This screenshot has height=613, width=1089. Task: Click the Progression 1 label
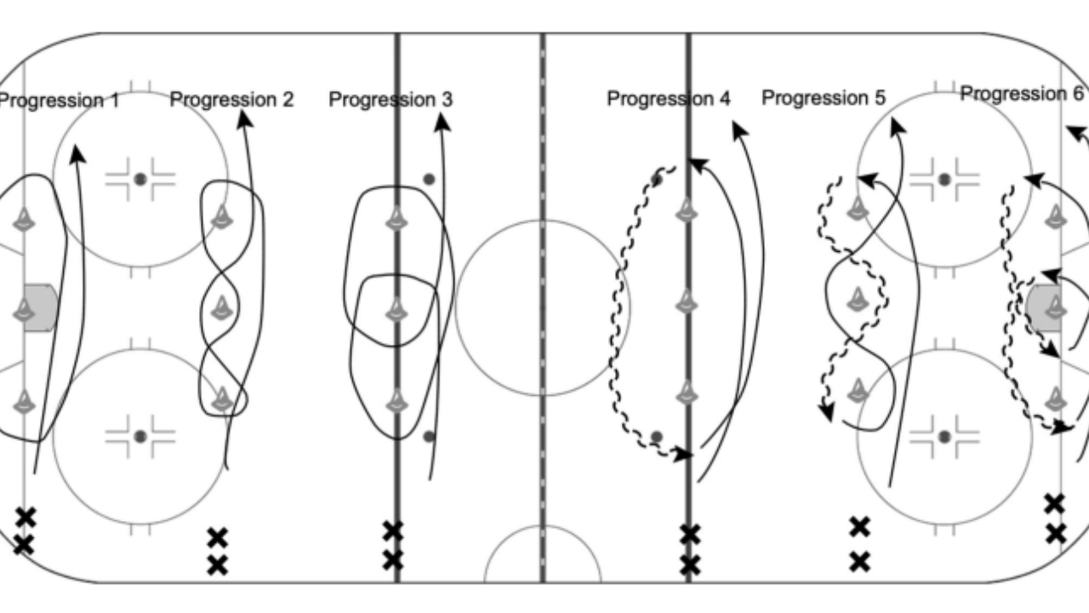(x=59, y=100)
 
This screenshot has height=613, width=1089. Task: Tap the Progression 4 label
(x=669, y=99)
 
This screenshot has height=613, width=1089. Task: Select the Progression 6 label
(x=1022, y=94)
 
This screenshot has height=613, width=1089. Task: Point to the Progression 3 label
(x=391, y=100)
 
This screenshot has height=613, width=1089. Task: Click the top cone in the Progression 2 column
(x=222, y=217)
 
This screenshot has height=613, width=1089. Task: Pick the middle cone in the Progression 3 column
(x=396, y=309)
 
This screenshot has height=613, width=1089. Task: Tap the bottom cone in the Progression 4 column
(x=686, y=392)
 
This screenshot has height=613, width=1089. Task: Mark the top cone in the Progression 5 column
(x=857, y=209)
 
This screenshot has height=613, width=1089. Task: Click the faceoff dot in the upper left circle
(x=140, y=180)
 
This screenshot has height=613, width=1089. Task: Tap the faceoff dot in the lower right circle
(x=944, y=437)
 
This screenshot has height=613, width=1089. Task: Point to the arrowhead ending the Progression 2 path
(x=244, y=119)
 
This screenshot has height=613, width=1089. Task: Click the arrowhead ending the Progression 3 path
(x=442, y=122)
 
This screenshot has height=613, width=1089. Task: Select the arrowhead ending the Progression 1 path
(x=77, y=153)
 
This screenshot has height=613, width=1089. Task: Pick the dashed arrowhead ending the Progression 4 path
(x=684, y=455)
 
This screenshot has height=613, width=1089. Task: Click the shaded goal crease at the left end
(x=40, y=308)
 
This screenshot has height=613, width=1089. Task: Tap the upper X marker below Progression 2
(x=217, y=538)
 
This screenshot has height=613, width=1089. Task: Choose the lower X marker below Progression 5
(x=859, y=562)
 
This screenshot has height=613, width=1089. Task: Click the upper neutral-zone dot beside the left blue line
(x=429, y=180)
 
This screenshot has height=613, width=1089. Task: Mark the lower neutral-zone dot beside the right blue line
(x=656, y=437)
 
